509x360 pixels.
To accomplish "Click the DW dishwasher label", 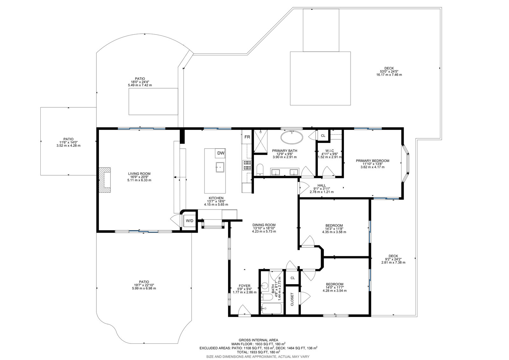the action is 221,153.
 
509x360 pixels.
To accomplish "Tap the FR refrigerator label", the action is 247,137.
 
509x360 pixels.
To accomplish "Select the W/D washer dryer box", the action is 190,221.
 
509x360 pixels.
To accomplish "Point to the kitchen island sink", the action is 220,167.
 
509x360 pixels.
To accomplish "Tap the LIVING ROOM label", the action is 139,174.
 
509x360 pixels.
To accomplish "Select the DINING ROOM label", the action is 264,225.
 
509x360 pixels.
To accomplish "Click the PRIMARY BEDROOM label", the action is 373,161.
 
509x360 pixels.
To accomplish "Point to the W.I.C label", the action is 330,151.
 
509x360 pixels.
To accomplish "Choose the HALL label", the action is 322,185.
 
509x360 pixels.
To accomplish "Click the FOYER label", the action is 245,286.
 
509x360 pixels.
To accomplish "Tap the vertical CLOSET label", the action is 292,299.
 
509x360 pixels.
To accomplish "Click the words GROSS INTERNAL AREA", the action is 258,340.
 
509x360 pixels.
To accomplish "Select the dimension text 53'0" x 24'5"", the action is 389,71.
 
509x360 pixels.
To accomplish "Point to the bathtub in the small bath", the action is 271,308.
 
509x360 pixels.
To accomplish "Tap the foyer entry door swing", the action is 245,310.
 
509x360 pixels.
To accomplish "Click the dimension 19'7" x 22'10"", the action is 144,285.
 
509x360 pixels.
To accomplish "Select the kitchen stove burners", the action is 247,165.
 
